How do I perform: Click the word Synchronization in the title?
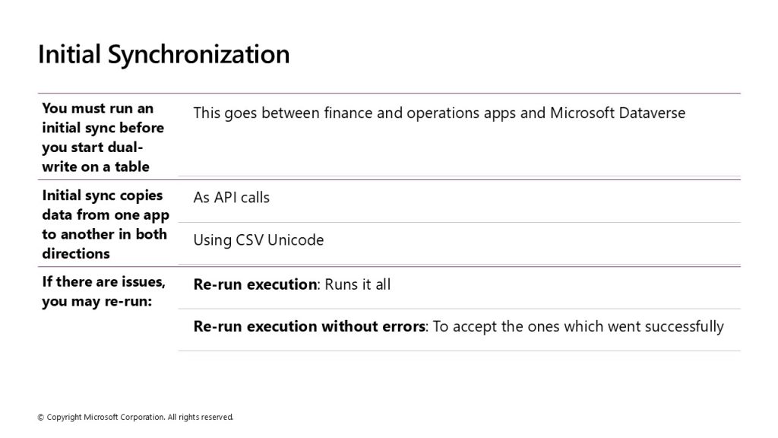tap(198, 55)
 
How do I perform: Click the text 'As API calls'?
tap(231, 198)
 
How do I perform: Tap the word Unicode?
tap(296, 240)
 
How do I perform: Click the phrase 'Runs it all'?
tap(357, 284)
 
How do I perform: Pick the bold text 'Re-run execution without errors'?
tap(309, 327)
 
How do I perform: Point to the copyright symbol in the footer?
tap(41, 417)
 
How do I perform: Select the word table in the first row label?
tap(132, 167)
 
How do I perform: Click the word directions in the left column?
tap(76, 254)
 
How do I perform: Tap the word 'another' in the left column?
tap(87, 234)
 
